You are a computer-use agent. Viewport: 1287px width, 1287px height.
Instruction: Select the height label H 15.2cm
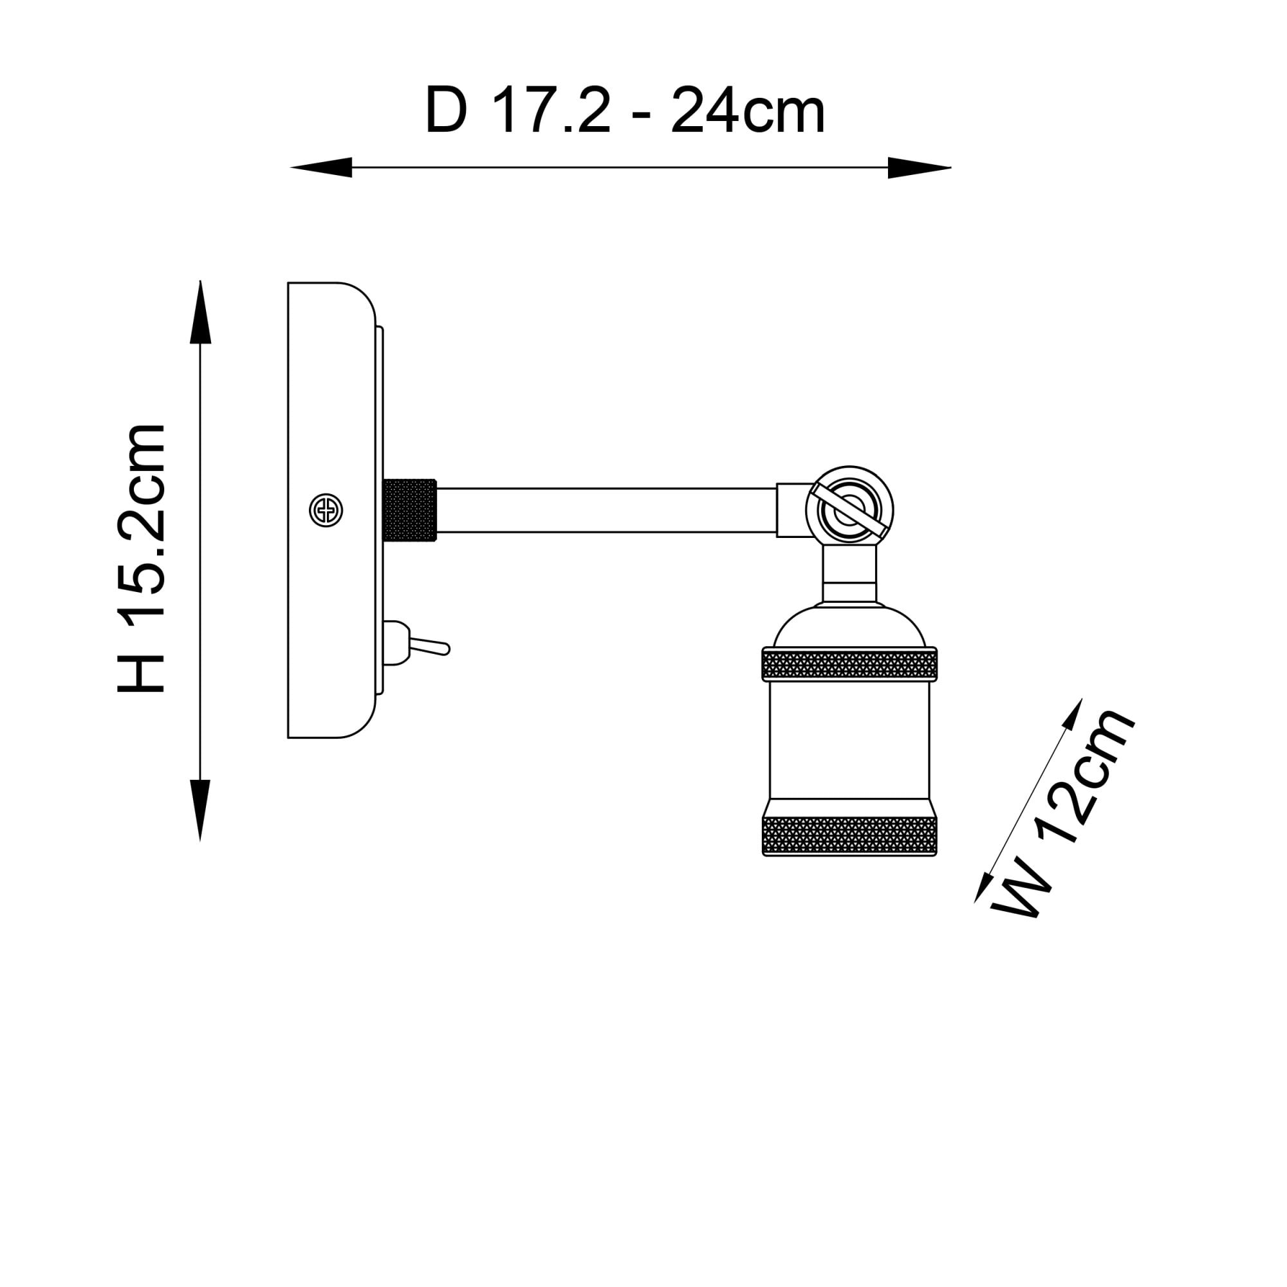tap(140, 558)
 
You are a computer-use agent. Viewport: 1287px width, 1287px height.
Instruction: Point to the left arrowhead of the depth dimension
tap(321, 167)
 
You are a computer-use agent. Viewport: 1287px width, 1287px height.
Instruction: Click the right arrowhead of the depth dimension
tap(920, 167)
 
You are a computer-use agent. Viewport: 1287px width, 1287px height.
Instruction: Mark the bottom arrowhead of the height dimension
tap(201, 811)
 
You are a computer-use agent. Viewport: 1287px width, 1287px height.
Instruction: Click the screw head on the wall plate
tap(326, 511)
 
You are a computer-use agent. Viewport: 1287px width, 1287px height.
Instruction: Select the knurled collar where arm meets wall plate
tap(410, 510)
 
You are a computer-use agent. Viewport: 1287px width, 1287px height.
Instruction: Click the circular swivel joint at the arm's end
tap(849, 510)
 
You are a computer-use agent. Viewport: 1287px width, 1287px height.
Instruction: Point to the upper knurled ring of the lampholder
tap(849, 664)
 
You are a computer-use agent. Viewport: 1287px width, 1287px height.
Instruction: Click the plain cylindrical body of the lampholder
tap(849, 740)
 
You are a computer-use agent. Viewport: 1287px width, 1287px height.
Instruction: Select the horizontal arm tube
tap(606, 510)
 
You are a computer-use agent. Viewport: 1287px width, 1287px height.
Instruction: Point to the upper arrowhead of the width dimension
tap(1071, 715)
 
